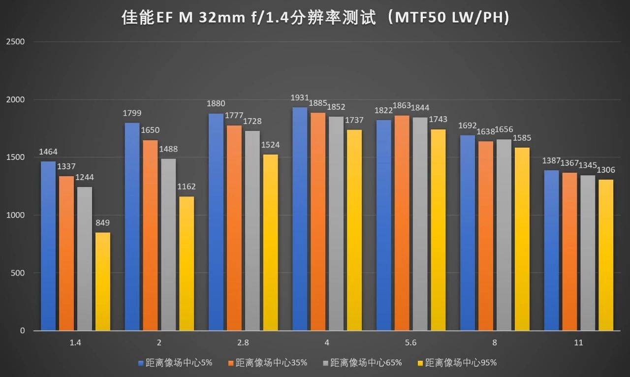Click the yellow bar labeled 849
(x=103, y=281)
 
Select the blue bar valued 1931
(x=300, y=219)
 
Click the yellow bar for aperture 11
(x=606, y=255)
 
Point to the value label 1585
(x=522, y=138)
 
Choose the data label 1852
(x=336, y=107)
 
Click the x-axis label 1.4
(x=75, y=343)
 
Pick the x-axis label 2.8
(x=243, y=343)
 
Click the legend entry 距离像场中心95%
(x=461, y=363)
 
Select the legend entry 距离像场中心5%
(x=176, y=363)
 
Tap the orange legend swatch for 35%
(x=230, y=363)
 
